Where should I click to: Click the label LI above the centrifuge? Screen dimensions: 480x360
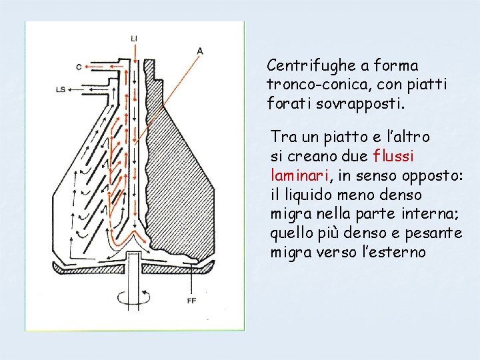[135, 39]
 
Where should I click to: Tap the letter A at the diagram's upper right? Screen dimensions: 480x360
[200, 51]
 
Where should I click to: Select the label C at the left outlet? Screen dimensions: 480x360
[79, 66]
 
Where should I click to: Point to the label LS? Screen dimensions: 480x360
[61, 89]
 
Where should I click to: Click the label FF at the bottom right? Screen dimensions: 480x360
[191, 301]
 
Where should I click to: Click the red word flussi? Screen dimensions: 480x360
[395, 157]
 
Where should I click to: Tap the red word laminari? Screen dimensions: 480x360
[297, 176]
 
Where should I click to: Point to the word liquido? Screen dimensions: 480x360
[309, 195]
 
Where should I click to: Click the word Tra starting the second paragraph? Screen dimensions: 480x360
[283, 137]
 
